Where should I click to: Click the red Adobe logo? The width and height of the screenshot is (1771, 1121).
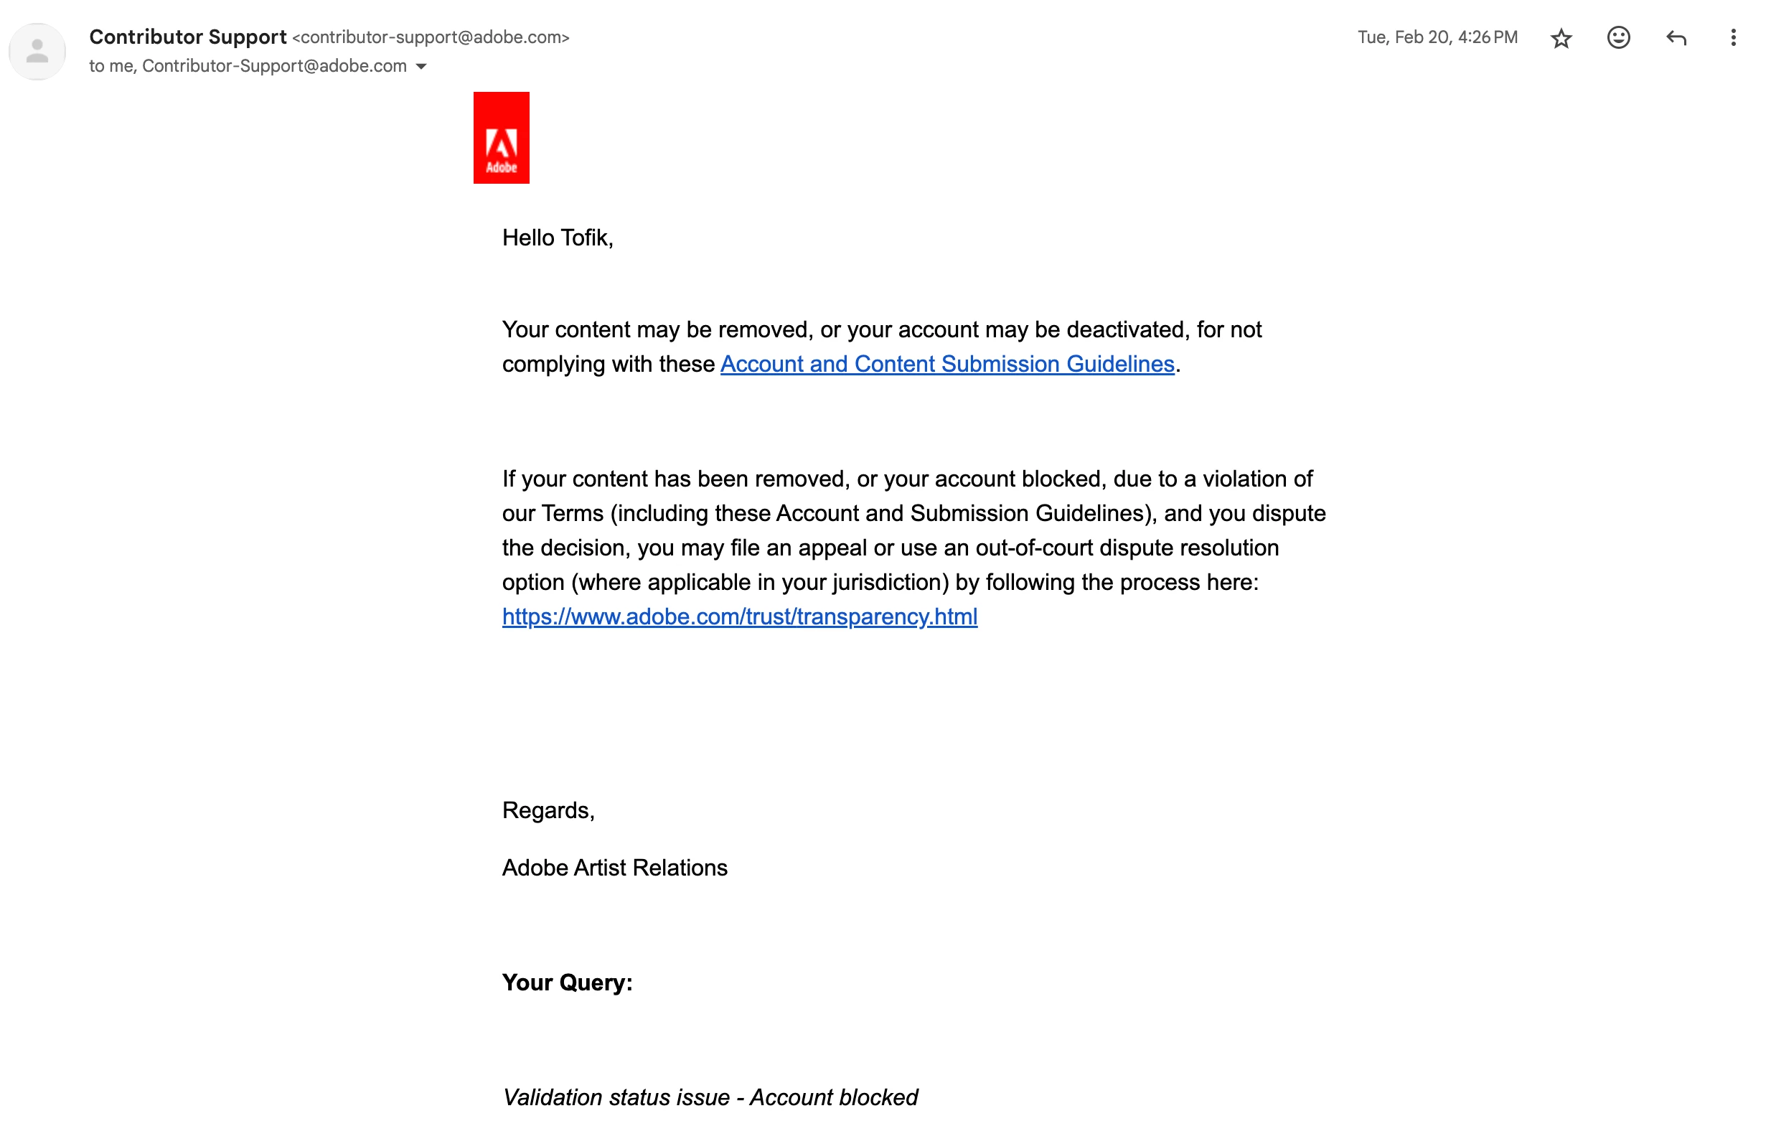[501, 138]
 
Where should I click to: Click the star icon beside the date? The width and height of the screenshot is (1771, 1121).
[1561, 38]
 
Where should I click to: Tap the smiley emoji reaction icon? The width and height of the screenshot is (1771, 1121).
[1618, 37]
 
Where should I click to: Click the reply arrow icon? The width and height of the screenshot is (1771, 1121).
[1676, 37]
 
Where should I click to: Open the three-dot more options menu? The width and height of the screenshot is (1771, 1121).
[1733, 37]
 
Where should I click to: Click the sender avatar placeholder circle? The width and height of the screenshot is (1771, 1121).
[37, 52]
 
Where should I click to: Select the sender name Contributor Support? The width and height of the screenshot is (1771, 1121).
[187, 37]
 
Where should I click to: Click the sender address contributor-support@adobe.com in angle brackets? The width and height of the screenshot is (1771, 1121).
[431, 37]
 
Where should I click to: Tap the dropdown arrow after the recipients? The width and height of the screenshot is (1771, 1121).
[421, 67]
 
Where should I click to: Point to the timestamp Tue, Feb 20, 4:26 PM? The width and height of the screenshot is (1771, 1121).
[1437, 37]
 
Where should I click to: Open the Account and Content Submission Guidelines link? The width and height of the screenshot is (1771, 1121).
[947, 364]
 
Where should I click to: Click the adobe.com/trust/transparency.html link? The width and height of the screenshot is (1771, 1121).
[740, 616]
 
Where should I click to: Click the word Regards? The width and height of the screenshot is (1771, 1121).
[548, 810]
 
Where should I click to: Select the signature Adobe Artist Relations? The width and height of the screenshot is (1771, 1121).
[615, 867]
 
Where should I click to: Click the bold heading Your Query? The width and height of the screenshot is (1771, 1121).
[567, 982]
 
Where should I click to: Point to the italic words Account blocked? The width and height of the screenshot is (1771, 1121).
[834, 1097]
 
